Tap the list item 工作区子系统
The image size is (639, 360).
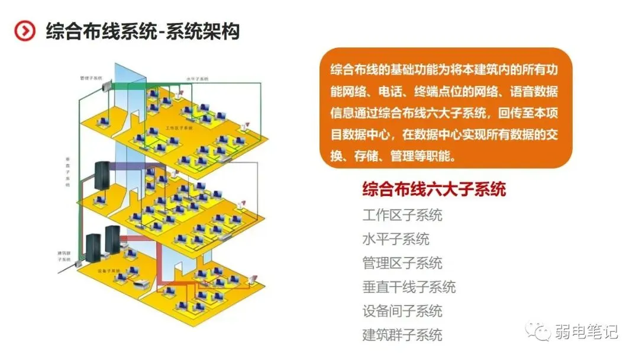(x=402, y=215)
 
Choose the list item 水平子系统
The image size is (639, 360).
(x=396, y=239)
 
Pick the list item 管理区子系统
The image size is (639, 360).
(x=402, y=263)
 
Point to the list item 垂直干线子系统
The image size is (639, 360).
(x=409, y=287)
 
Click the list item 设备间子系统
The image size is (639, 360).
(x=402, y=311)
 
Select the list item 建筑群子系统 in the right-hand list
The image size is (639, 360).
(x=402, y=335)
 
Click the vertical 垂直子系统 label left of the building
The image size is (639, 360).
(x=68, y=172)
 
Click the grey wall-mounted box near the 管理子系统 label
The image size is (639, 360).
(x=107, y=88)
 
